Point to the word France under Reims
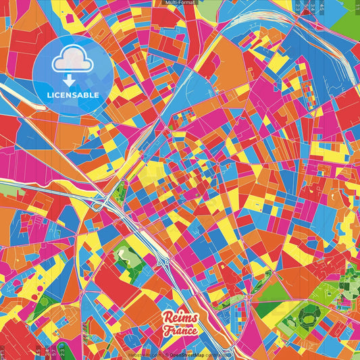pos(180,332)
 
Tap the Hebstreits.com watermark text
pos(143,354)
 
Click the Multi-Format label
pos(180,3)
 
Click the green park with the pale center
pos(126,255)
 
